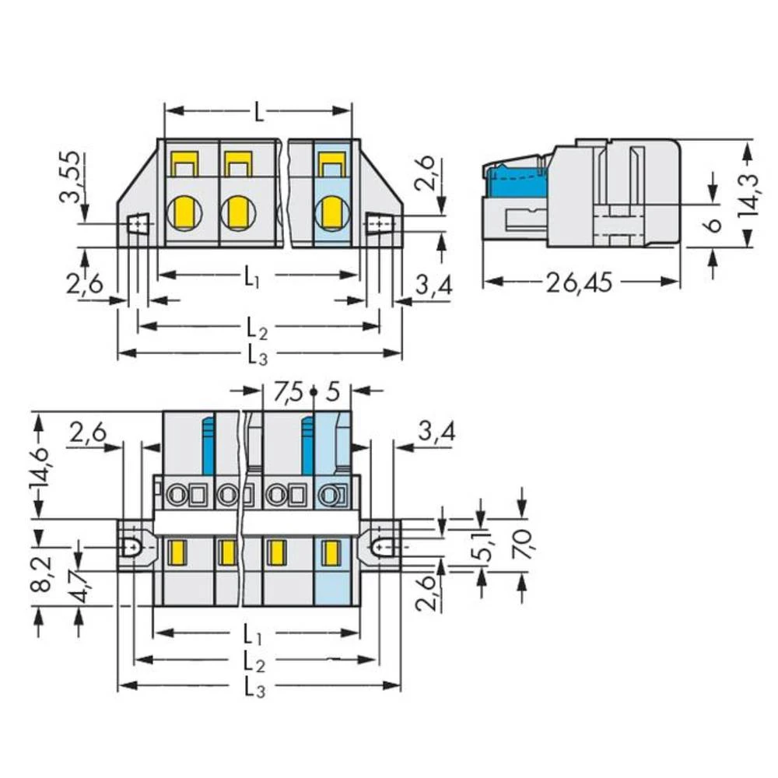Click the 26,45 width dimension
579,284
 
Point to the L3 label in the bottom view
258,687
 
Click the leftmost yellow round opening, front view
184,210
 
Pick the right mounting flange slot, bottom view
380,547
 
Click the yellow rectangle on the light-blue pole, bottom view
331,553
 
